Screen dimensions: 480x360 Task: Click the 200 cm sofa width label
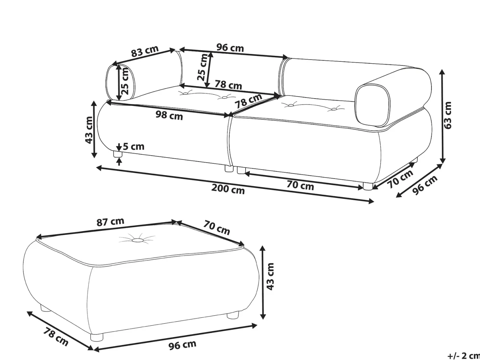click(x=228, y=189)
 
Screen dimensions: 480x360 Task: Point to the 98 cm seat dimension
click(x=169, y=115)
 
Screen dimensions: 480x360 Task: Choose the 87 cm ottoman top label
click(x=110, y=222)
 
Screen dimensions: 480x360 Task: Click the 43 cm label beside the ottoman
click(x=270, y=276)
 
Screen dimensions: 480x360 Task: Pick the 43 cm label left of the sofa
click(x=89, y=130)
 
